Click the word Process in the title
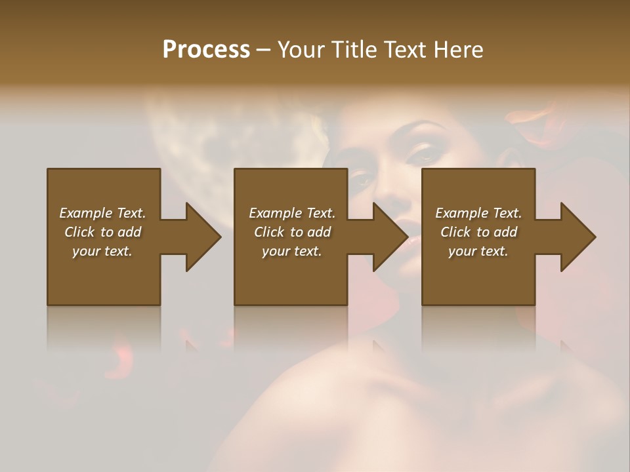click(x=206, y=50)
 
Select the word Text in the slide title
click(x=404, y=50)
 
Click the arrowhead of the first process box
click(x=203, y=237)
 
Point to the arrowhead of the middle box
click(x=390, y=237)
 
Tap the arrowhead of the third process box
click(x=578, y=237)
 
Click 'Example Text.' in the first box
click(x=102, y=213)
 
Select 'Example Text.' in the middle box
click(x=292, y=213)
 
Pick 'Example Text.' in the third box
click(x=478, y=213)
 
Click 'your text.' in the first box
click(x=102, y=251)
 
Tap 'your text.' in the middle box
click(x=292, y=251)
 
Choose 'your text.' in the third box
click(x=478, y=251)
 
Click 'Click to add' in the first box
click(x=102, y=232)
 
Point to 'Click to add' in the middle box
click(x=292, y=232)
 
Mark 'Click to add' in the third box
click(x=478, y=232)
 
